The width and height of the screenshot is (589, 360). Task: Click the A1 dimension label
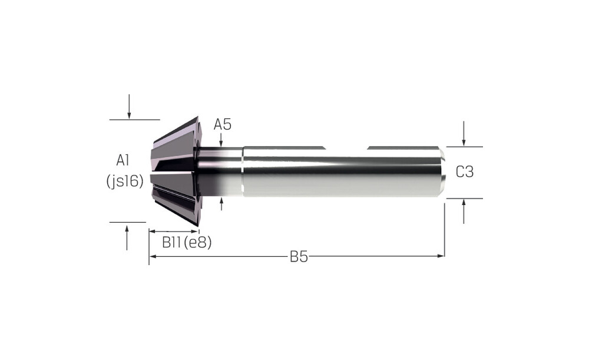tap(123, 160)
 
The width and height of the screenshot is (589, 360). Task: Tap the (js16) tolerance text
tap(125, 181)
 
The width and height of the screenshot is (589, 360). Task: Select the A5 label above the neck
tap(223, 124)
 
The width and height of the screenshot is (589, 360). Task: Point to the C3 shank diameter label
tap(465, 171)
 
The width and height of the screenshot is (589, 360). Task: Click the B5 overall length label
tap(299, 257)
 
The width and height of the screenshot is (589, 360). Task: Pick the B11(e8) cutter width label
tap(187, 242)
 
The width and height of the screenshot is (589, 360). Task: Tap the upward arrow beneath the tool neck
tap(221, 204)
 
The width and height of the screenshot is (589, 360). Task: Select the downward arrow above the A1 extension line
tap(129, 107)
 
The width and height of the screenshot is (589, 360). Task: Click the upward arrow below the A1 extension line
tap(127, 237)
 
